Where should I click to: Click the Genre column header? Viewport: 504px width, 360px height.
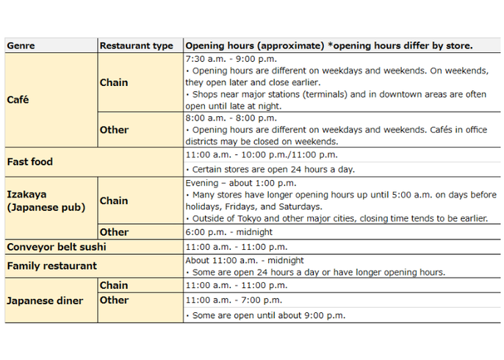[22, 46]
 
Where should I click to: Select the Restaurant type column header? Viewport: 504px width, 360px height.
[136, 46]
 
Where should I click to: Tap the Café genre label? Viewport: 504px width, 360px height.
[18, 99]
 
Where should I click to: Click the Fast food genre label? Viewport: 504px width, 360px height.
[29, 162]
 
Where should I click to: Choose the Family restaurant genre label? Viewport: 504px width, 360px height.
[51, 265]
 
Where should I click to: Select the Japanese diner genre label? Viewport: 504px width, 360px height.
[45, 300]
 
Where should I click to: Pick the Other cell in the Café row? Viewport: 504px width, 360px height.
[114, 129]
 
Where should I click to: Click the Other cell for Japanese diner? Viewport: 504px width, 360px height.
[114, 300]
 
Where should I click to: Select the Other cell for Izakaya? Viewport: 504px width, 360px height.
[114, 232]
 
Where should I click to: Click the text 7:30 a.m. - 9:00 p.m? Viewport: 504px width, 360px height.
[231, 59]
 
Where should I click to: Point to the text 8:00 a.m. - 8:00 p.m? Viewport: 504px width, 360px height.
[231, 118]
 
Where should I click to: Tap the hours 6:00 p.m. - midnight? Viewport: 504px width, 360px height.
[228, 232]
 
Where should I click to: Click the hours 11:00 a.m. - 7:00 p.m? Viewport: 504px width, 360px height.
[234, 300]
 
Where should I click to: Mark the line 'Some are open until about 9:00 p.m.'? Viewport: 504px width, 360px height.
[264, 315]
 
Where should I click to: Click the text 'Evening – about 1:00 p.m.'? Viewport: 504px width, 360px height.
[240, 183]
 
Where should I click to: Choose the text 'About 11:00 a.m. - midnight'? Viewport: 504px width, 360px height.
[245, 260]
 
